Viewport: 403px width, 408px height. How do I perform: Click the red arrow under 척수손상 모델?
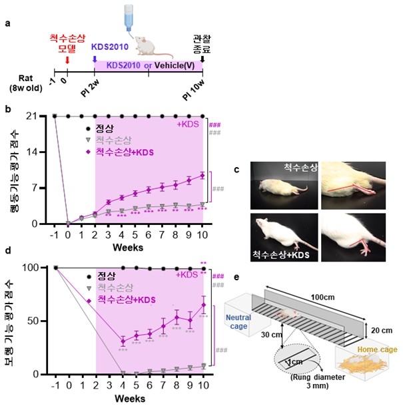click(67, 61)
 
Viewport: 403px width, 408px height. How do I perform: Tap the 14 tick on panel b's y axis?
click(40, 152)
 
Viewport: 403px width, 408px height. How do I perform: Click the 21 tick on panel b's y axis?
click(40, 116)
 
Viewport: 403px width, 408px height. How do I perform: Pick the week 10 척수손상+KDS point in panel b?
click(202, 175)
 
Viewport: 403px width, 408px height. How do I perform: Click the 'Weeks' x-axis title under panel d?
click(129, 398)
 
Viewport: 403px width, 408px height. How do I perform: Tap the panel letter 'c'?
click(237, 170)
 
